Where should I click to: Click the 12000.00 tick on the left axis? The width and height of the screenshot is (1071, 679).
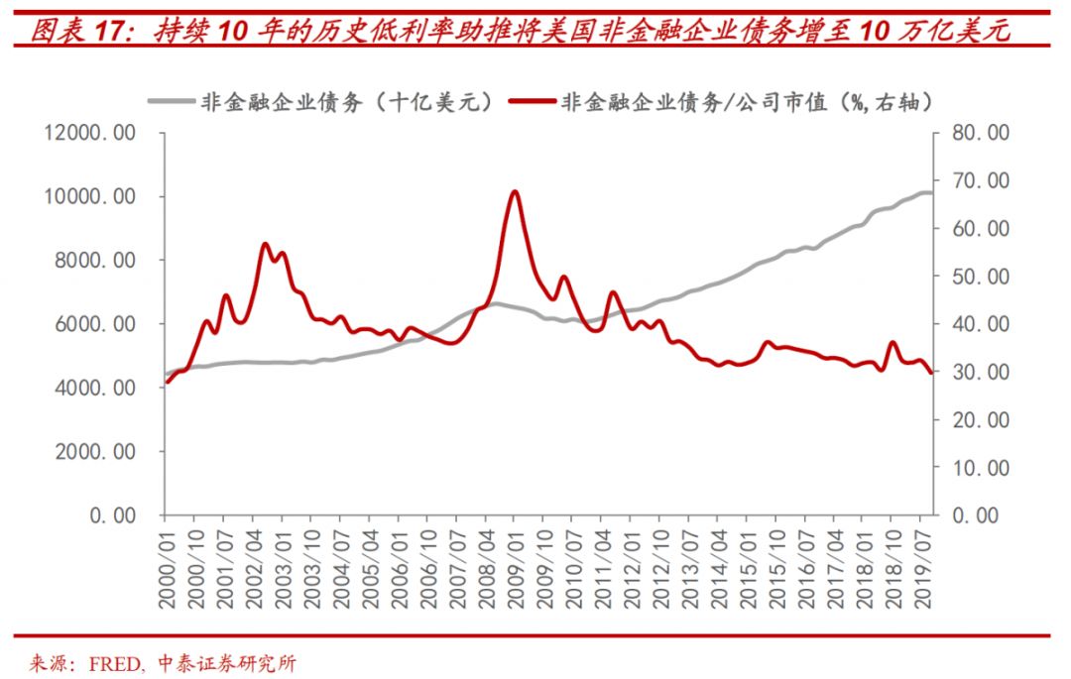(x=90, y=134)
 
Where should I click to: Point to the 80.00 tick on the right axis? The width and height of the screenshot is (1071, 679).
(x=980, y=134)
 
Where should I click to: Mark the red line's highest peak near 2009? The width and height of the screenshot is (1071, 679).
(x=513, y=191)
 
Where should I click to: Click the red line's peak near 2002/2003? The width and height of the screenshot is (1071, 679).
(x=266, y=244)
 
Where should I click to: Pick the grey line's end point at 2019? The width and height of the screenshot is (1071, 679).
(x=929, y=192)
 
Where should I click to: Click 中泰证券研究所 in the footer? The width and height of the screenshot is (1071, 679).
(x=224, y=663)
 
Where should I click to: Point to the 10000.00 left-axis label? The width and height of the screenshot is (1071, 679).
(x=90, y=197)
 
